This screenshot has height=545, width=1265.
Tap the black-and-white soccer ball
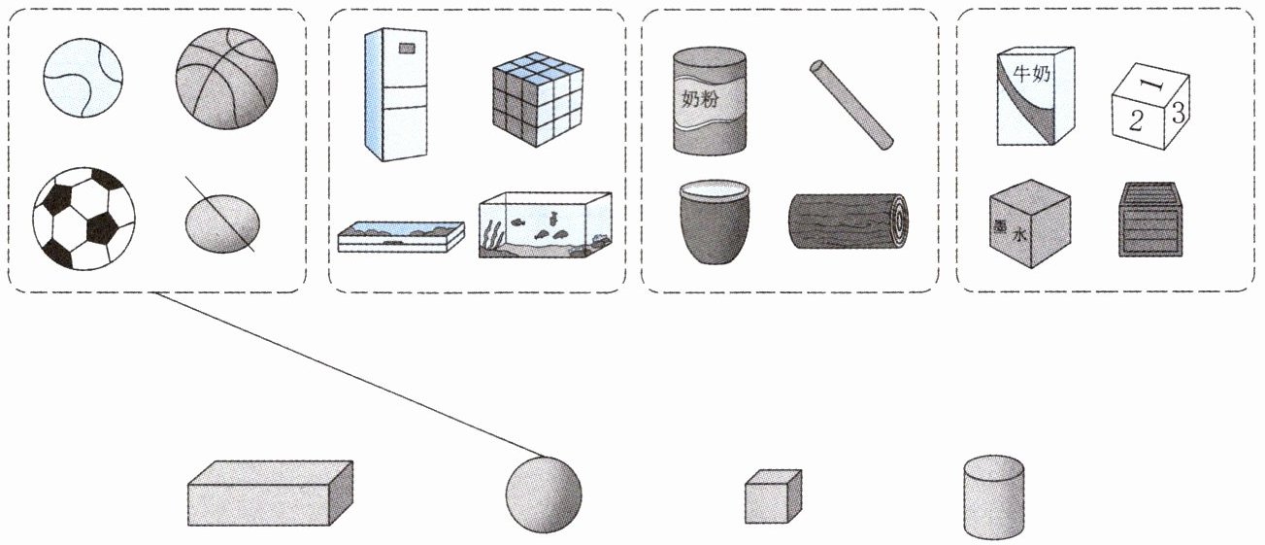83,220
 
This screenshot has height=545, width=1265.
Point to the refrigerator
395,93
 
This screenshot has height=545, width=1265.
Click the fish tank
545,224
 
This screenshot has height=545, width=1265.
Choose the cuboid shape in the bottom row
269,494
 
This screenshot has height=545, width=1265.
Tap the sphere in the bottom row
543,494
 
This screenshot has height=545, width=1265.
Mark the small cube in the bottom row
773,496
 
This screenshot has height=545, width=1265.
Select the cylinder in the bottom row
993,497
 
